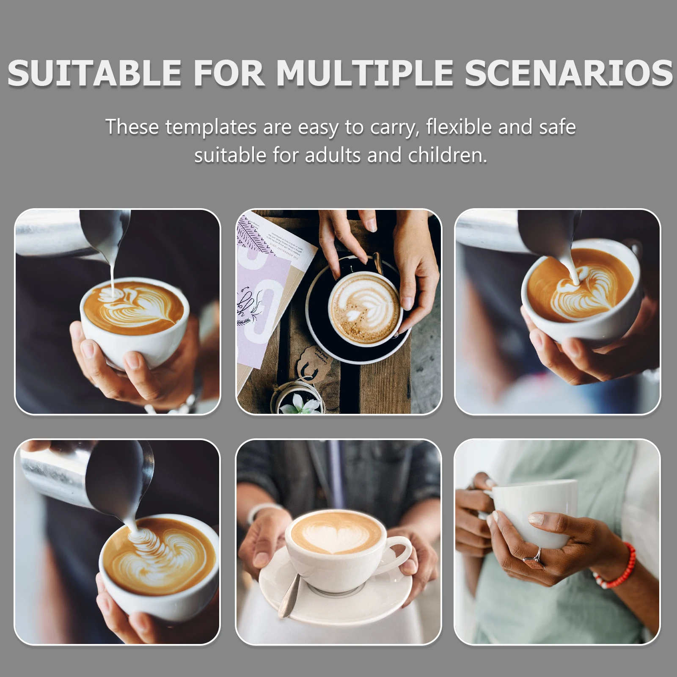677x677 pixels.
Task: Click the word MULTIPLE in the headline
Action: tap(365, 73)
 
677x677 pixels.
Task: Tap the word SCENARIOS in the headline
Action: tap(568, 73)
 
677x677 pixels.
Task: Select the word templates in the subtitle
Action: tap(211, 127)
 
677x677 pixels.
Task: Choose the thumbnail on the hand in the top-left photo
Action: tap(89, 350)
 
